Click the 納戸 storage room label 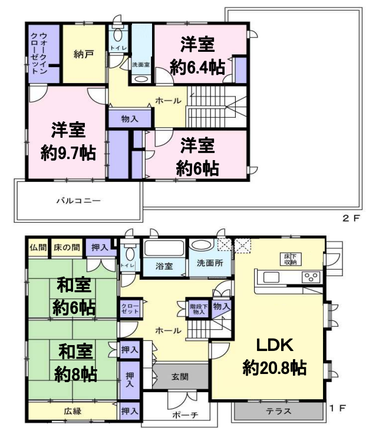[84, 54]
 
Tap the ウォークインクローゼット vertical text [39, 53]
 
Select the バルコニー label [78, 201]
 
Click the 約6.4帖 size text [197, 67]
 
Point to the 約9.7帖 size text [68, 153]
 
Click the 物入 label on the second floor [130, 119]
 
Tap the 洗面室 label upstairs [141, 65]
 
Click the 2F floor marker [351, 218]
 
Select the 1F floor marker [338, 408]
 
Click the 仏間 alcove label [38, 247]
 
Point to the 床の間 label [67, 247]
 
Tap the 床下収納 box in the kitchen [291, 259]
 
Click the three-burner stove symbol [311, 277]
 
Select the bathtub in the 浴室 [164, 249]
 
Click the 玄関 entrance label [180, 377]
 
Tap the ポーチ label [185, 415]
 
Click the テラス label [279, 411]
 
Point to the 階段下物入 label [198, 309]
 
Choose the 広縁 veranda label [72, 411]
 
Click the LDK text [275, 345]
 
